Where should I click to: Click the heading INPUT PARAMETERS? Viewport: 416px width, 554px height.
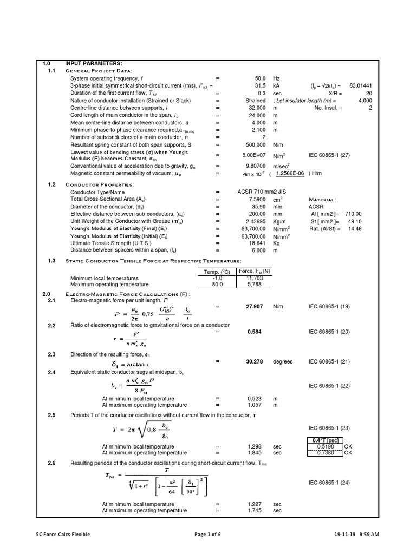coord(94,64)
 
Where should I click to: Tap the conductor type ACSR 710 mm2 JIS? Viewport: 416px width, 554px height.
coord(266,192)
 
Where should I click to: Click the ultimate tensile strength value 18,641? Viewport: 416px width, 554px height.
coord(257,244)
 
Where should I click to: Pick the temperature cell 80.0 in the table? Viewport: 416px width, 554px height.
coord(215,285)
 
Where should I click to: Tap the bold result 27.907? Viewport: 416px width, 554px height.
coord(255,306)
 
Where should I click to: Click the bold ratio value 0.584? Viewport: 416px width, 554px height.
coord(255,332)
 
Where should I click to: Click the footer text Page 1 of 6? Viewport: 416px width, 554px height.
coord(207,534)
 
